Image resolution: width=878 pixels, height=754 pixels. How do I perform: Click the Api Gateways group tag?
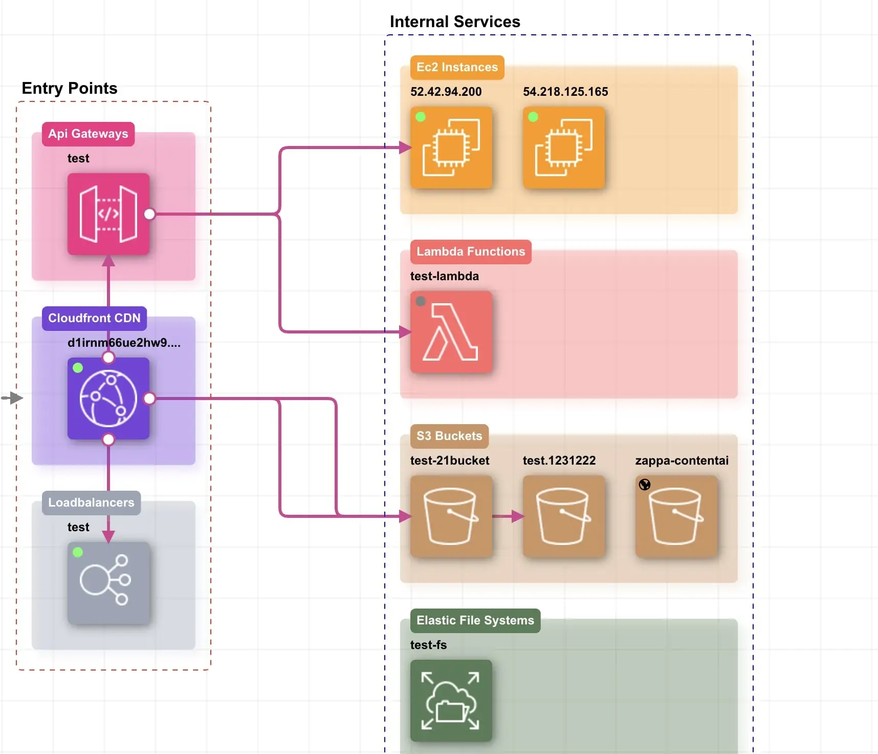pos(88,134)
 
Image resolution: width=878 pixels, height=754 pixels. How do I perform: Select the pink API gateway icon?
pos(108,214)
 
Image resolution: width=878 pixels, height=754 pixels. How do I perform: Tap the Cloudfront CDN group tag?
pos(94,318)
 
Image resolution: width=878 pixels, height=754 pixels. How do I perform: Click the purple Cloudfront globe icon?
pos(108,399)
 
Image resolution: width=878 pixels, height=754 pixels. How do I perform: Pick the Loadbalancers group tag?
pos(91,502)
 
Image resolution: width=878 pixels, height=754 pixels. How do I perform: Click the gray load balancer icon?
pos(108,583)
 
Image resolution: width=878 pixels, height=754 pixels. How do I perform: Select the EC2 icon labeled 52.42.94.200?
pos(451,148)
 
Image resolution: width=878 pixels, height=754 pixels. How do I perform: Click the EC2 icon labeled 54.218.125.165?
pos(564,148)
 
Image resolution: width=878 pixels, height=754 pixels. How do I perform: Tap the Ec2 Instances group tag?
pos(457,68)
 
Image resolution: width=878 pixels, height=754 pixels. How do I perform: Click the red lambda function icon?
pos(451,332)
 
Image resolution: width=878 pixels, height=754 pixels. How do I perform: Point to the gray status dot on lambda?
pos(421,301)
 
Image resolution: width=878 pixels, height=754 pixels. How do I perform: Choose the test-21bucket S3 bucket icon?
pos(451,516)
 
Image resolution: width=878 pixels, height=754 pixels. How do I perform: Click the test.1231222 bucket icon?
pos(564,516)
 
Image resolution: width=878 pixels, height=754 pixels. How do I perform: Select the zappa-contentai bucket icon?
pos(676,516)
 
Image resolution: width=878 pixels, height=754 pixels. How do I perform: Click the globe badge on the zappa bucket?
pos(645,485)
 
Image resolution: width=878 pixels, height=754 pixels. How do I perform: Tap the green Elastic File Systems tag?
pos(475,621)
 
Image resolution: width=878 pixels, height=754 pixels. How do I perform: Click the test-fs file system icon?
pos(451,701)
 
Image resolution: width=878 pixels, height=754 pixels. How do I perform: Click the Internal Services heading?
pos(455,22)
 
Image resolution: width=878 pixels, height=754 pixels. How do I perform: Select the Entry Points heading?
pos(70,88)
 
